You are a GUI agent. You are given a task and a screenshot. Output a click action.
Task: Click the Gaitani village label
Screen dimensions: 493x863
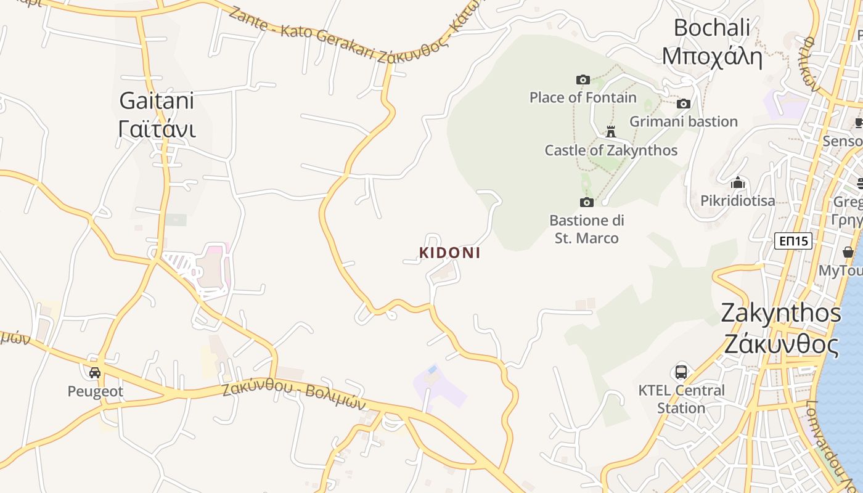[157, 115]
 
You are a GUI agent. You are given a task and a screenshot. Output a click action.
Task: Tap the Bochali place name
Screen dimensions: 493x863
[712, 42]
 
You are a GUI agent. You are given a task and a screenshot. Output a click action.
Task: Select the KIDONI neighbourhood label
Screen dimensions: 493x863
[449, 253]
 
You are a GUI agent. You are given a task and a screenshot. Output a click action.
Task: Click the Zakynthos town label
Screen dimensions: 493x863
[780, 328]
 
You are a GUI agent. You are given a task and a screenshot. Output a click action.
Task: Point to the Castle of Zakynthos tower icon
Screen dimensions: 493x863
[611, 131]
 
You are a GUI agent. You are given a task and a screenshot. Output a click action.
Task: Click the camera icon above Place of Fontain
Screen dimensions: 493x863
[583, 79]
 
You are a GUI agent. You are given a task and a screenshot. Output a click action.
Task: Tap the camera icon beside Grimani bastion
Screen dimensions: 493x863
[683, 104]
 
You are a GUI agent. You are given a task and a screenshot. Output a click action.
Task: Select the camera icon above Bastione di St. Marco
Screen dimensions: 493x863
[587, 202]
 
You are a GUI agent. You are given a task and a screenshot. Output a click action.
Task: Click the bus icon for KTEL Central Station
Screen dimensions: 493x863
[681, 372]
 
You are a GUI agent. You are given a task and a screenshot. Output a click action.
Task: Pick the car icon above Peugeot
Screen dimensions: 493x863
[95, 373]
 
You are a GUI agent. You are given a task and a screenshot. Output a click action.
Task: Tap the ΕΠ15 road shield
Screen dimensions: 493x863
[793, 241]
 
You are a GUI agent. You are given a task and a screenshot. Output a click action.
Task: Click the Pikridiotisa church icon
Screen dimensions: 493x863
[737, 183]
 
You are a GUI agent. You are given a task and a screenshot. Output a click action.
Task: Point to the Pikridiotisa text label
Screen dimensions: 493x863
[738, 200]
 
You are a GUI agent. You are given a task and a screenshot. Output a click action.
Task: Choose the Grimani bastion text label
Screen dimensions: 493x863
[684, 121]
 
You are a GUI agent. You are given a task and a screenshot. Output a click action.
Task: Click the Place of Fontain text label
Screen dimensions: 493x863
[583, 97]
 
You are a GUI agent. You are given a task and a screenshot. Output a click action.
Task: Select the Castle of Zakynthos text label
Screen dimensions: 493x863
[611, 150]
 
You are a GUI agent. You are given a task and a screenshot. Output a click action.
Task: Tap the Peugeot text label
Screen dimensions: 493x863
[95, 391]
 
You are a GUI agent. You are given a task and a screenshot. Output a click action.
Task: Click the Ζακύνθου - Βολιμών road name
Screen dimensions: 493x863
[293, 395]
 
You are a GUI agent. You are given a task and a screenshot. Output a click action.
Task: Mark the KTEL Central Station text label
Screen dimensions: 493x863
[681, 399]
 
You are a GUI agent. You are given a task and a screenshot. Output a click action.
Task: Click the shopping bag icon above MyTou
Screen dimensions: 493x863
[848, 252]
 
